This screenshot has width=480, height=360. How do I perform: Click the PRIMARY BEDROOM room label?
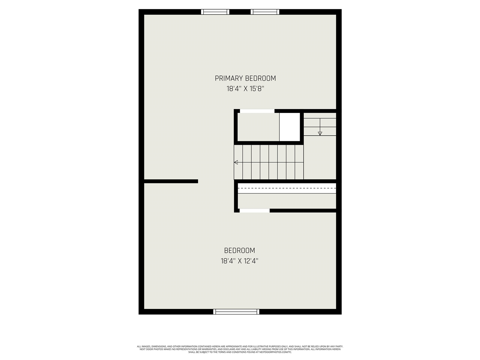click(245, 78)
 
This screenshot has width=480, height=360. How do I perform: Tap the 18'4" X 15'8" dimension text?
click(245, 89)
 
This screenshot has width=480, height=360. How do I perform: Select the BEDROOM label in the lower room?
click(240, 250)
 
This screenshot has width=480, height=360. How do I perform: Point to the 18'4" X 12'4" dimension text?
click(240, 261)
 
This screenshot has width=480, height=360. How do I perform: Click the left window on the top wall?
click(215, 12)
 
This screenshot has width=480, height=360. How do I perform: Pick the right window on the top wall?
click(265, 12)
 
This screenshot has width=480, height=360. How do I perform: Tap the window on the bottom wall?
click(236, 312)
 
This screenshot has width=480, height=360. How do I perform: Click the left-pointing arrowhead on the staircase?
click(236, 162)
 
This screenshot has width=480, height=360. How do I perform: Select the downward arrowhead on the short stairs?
click(320, 133)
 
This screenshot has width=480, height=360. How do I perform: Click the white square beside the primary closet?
click(290, 127)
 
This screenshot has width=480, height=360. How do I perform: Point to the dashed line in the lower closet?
click(287, 188)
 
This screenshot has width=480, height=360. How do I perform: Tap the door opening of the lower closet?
click(254, 211)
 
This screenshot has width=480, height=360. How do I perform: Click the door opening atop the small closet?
click(257, 111)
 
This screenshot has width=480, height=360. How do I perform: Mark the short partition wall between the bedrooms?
click(171, 181)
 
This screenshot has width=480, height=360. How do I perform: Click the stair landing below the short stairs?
click(319, 157)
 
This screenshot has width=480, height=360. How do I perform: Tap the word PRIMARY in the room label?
click(229, 78)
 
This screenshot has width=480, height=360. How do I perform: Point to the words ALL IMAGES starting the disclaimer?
click(144, 346)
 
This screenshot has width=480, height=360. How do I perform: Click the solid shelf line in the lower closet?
click(287, 193)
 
